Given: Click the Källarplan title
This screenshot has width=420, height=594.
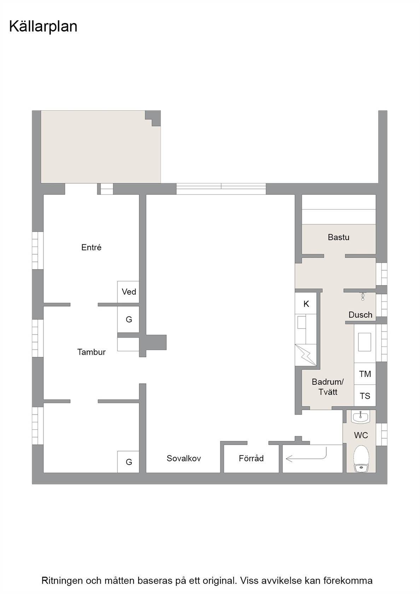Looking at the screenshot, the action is (43, 27).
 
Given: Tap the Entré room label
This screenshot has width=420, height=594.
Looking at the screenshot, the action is (91, 248).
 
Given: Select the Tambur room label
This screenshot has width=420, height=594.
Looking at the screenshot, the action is (91, 352).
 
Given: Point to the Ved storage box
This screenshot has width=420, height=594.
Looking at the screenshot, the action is (128, 292).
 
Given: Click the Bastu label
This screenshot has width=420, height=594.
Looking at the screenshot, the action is (338, 237).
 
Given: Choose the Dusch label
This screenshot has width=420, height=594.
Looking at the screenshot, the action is (360, 315).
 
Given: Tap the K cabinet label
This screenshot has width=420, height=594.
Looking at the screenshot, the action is (306, 304).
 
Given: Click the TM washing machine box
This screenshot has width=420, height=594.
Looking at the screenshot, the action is (365, 374).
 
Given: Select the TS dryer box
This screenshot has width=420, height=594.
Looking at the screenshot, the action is (365, 395).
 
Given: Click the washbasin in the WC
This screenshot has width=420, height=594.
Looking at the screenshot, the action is (360, 417).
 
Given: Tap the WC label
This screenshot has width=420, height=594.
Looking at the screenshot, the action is (361, 435).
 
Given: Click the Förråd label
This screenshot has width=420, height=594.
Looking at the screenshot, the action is (251, 458).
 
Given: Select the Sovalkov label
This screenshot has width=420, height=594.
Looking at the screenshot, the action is (184, 458).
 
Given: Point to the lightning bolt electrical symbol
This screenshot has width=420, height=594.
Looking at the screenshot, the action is (306, 355).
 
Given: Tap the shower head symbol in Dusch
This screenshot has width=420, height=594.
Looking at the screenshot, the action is (363, 296).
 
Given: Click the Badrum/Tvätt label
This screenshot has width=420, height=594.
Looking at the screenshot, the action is (328, 387).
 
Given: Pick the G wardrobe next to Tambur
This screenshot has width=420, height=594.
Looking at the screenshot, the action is (128, 320).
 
